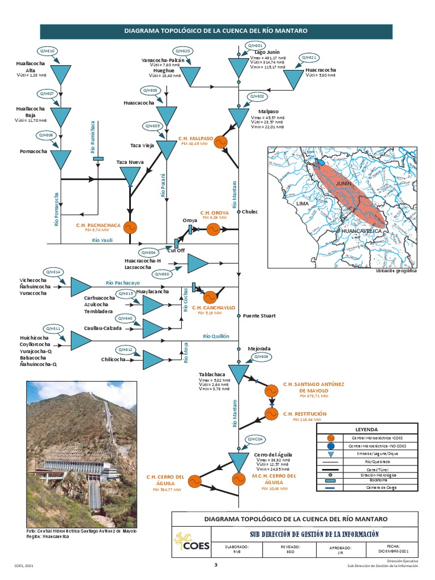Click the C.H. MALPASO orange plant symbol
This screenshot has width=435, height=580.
coord(221,141)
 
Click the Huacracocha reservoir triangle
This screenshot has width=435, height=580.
coord(293,79)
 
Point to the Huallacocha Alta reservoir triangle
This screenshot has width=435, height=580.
coord(60,74)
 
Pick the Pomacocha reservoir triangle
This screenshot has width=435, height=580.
coord(60,159)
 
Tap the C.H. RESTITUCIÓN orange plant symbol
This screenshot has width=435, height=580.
coord(272,414)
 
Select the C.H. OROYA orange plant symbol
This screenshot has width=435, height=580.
coord(214,229)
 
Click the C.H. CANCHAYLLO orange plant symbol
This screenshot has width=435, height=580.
coord(210,297)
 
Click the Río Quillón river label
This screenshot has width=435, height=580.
coord(216,336)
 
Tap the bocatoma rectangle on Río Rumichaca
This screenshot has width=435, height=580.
coord(98,159)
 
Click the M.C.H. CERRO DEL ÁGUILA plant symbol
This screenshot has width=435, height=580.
coord(238,479)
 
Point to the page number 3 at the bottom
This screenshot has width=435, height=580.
coord(215,565)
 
